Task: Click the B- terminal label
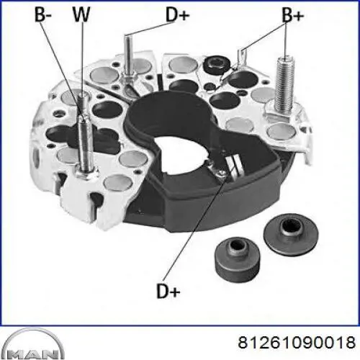click(43, 14)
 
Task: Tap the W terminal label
click(81, 14)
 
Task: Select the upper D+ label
click(178, 14)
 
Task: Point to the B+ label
click(292, 15)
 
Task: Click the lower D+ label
click(168, 291)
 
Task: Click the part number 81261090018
click(297, 342)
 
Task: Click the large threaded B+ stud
click(285, 84)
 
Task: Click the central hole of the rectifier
click(184, 153)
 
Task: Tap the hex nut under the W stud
click(86, 172)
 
